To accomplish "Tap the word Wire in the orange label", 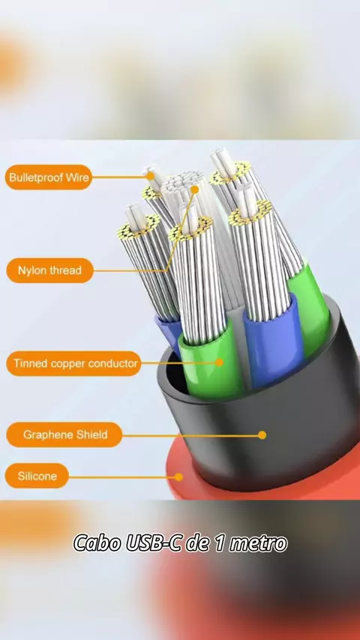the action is (79, 177).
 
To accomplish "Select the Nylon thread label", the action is (49, 271).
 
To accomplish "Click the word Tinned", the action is (30, 363).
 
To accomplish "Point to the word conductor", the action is (112, 363).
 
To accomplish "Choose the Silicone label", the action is (37, 476).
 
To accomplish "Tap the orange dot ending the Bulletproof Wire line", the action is (150, 176).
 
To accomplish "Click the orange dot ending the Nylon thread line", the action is (195, 190).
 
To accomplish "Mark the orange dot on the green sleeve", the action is (220, 362).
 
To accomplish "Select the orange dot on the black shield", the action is (262, 435).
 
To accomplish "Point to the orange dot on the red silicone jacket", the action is (178, 477).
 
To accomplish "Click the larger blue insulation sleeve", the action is (273, 341).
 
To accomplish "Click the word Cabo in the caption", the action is (97, 543).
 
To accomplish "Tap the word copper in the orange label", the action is (67, 363).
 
